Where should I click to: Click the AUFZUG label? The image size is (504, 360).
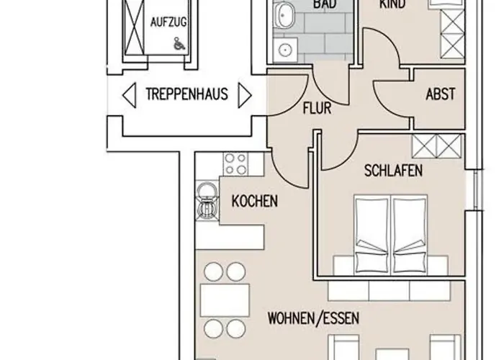(x=168, y=23)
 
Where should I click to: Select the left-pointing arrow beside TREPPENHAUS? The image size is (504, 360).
(x=130, y=94)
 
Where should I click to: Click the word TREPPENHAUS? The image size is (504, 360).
(x=186, y=94)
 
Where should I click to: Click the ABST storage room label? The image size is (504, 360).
(x=439, y=94)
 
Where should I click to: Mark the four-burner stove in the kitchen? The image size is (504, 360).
(x=233, y=163)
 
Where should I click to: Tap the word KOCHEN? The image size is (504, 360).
(x=254, y=202)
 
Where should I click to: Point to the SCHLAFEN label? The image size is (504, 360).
(x=392, y=171)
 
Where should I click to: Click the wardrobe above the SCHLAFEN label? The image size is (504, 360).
(x=436, y=147)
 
